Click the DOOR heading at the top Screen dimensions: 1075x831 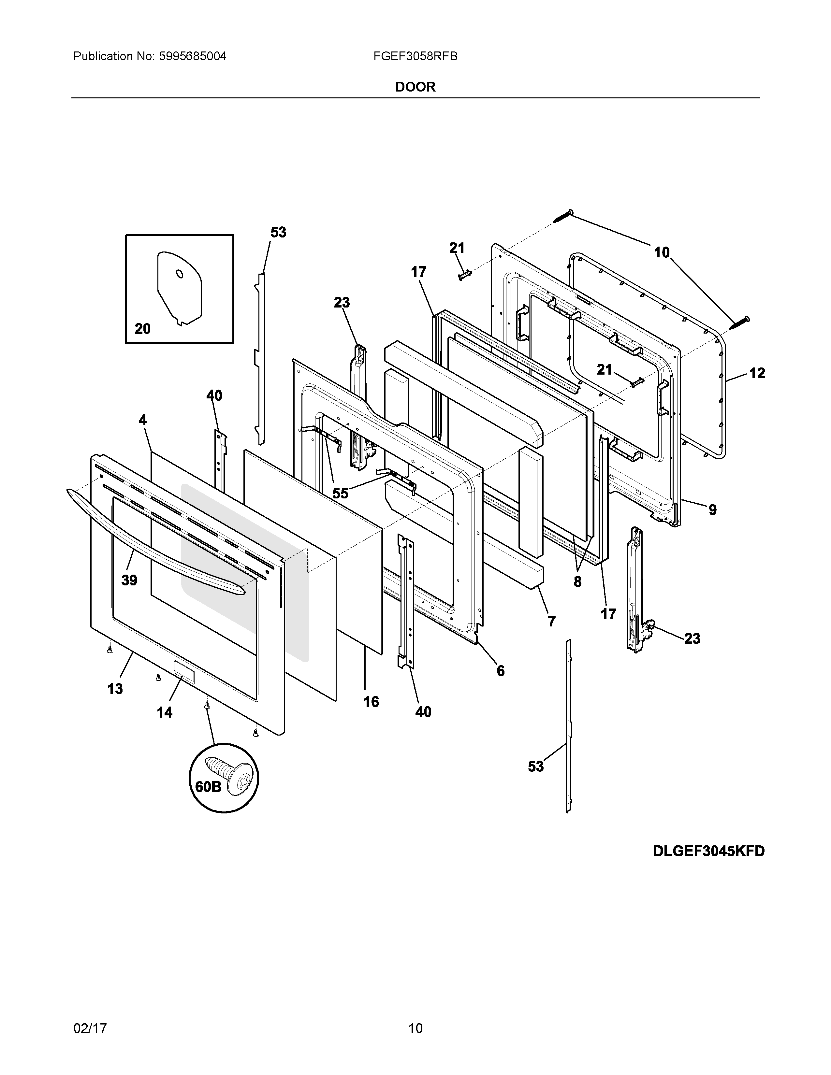coord(415,87)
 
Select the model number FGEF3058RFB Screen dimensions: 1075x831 coord(415,57)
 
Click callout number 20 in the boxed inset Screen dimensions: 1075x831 coord(142,329)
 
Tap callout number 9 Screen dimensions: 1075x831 coord(712,510)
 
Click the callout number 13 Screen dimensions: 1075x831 coord(115,689)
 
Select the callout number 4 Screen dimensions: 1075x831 coord(142,420)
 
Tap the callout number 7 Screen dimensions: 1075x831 coord(551,622)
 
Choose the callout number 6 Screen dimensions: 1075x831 coord(500,670)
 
